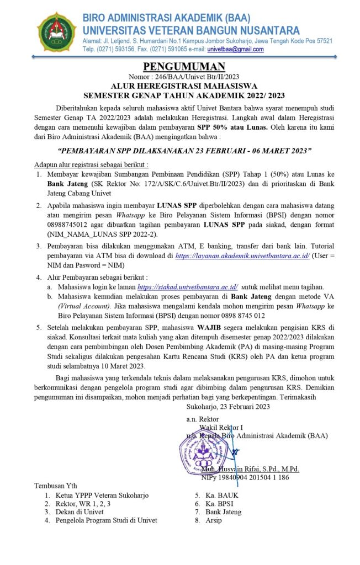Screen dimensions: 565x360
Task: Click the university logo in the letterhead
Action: pos(56,31)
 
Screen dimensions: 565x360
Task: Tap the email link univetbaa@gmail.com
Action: pos(235,49)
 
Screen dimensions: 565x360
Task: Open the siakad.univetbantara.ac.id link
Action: pos(187,287)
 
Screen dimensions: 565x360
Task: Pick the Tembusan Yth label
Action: pos(56,486)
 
